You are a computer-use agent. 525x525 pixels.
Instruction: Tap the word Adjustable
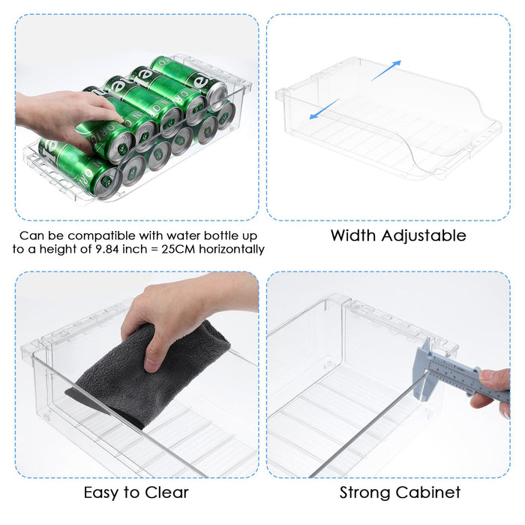tap(424, 236)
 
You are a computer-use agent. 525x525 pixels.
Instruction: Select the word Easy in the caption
tap(101, 493)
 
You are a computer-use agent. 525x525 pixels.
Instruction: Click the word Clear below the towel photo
tap(166, 493)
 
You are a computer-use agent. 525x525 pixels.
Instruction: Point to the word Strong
tap(364, 493)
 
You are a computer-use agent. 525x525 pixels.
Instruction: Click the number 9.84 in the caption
tap(106, 250)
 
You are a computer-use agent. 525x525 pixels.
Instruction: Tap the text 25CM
tap(178, 250)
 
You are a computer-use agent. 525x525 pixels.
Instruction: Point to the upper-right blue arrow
tap(385, 70)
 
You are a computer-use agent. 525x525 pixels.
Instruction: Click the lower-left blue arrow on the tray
tap(325, 109)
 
